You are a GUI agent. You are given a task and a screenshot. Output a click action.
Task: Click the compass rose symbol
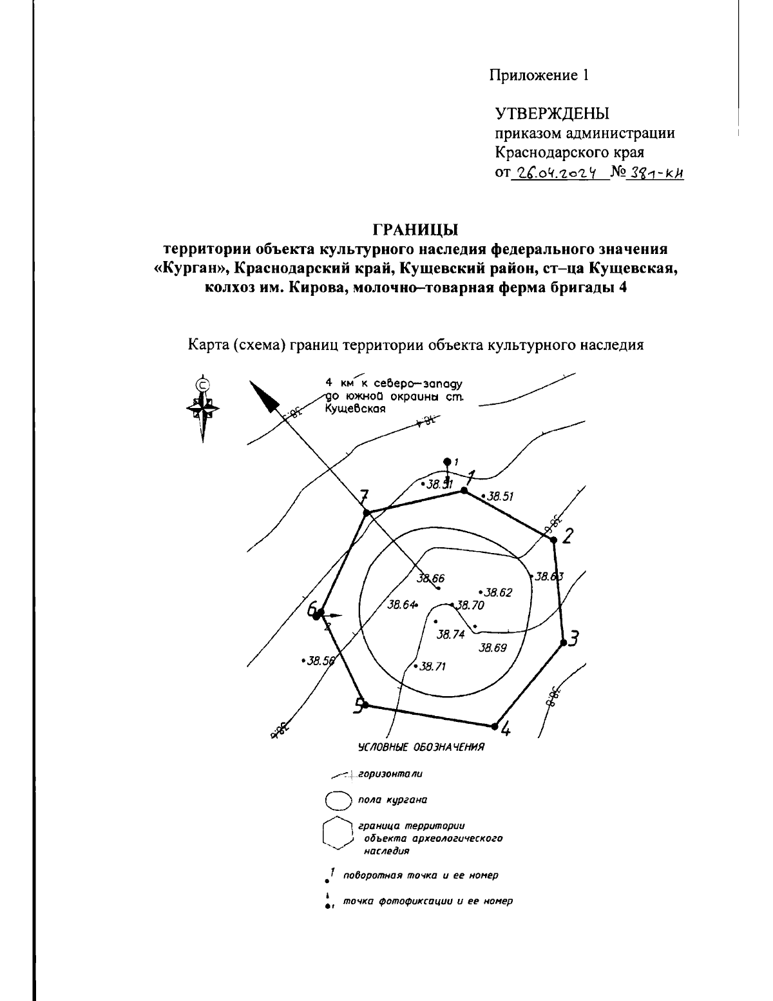(203, 408)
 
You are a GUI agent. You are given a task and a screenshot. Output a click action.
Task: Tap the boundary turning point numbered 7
(367, 513)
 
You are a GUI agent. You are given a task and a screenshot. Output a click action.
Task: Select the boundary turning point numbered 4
(495, 726)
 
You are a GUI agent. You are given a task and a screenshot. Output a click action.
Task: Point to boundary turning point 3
(564, 642)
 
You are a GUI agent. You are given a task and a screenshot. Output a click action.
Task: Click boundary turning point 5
(365, 705)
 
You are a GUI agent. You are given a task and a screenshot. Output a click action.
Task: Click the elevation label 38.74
(450, 634)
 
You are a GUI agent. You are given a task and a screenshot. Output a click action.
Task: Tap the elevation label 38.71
(432, 666)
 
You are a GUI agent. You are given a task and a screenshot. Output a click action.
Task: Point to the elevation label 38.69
(493, 648)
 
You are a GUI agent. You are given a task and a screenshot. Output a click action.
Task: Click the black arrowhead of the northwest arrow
(264, 395)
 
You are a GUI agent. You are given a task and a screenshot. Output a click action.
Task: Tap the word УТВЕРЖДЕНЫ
(552, 115)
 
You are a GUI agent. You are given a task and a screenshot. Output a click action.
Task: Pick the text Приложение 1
(539, 75)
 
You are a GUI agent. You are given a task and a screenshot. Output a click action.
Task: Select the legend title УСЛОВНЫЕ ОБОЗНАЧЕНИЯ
(421, 748)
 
